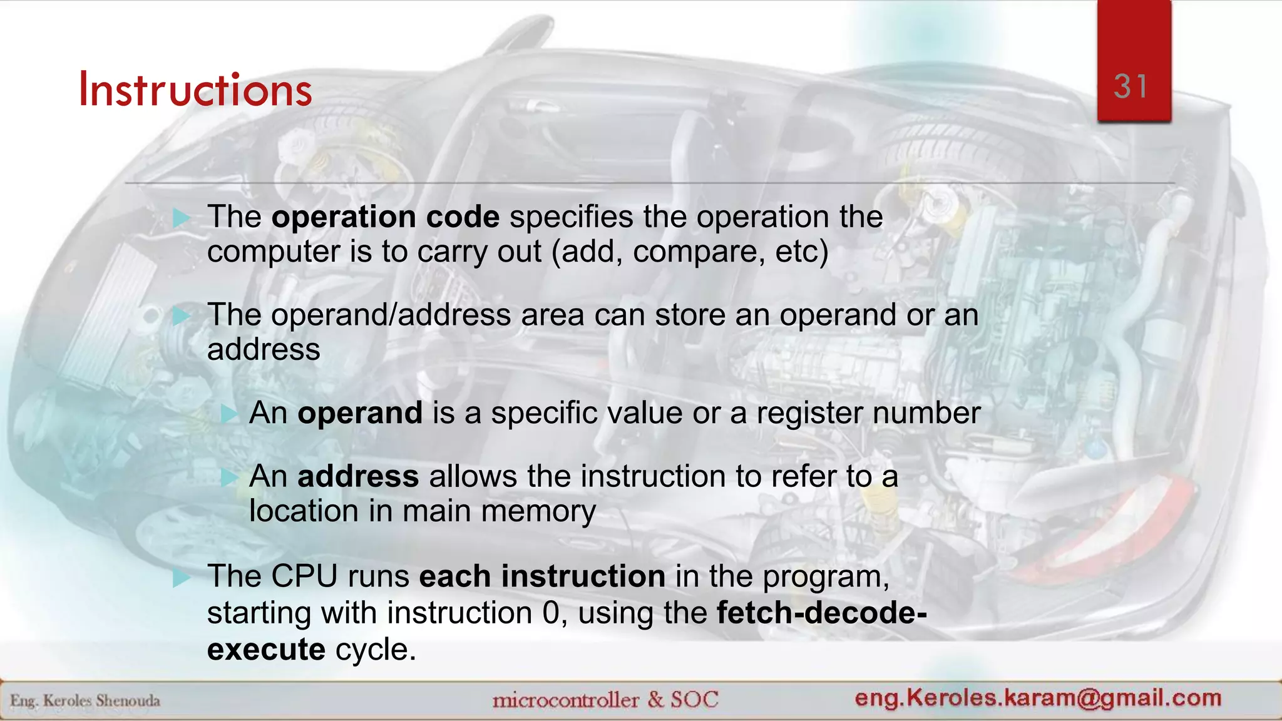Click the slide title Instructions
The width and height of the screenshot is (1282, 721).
point(195,90)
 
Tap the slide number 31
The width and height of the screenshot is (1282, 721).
point(1131,86)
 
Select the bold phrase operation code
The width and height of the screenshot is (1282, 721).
point(386,217)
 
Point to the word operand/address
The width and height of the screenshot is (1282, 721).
point(391,315)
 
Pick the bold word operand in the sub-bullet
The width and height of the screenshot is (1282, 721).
point(360,413)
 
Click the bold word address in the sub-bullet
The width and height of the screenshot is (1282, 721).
point(358,477)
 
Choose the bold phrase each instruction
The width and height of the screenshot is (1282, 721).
point(542,576)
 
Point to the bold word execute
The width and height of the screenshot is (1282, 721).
point(266,650)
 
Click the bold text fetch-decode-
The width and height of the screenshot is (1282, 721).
point(822,613)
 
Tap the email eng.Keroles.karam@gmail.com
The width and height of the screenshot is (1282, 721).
point(1038,698)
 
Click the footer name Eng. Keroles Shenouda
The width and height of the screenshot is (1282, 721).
point(85,700)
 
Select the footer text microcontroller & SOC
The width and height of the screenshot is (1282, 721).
point(605,699)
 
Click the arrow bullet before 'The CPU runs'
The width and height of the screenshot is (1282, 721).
point(182,578)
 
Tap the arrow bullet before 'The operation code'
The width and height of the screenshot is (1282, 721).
point(182,218)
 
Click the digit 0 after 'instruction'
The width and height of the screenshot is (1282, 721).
point(550,613)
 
